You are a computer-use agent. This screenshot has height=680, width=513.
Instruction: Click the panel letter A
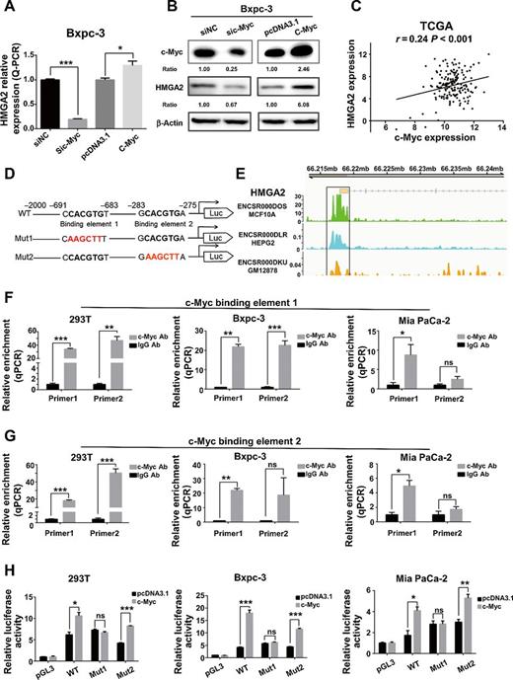coord(9,9)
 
